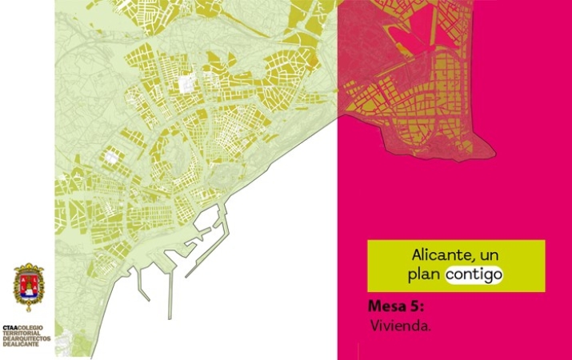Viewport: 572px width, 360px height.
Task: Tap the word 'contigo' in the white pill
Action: [474, 274]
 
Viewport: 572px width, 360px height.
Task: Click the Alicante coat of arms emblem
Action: [30, 289]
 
